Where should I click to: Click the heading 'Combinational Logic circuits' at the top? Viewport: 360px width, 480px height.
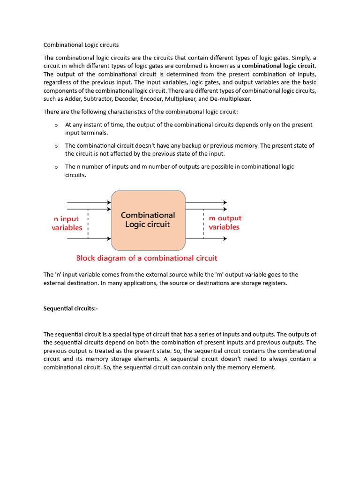pos(81,45)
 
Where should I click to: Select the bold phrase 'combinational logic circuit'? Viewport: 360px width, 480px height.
pos(278,66)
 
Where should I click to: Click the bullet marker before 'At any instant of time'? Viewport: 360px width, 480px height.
pos(56,125)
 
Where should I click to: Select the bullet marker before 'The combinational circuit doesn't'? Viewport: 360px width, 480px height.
pos(56,146)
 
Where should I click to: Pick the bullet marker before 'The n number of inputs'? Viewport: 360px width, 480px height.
pos(56,167)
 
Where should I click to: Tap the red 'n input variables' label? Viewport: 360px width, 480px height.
pos(67,223)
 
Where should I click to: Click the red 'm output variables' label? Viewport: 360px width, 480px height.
pos(225,223)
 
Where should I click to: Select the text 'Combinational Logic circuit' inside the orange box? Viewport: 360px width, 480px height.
pos(148,220)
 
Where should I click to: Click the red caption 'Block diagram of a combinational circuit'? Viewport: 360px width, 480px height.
pos(147,258)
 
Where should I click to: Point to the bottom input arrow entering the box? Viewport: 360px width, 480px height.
pos(89,239)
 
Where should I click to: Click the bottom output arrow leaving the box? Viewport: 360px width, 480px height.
pos(206,239)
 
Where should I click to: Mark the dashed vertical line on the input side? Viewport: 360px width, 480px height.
pos(88,224)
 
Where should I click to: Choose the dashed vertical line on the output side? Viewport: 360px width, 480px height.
pos(203,224)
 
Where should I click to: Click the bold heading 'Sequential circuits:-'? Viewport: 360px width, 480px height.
pos(71,308)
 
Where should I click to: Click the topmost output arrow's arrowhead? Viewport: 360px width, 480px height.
pos(225,202)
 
